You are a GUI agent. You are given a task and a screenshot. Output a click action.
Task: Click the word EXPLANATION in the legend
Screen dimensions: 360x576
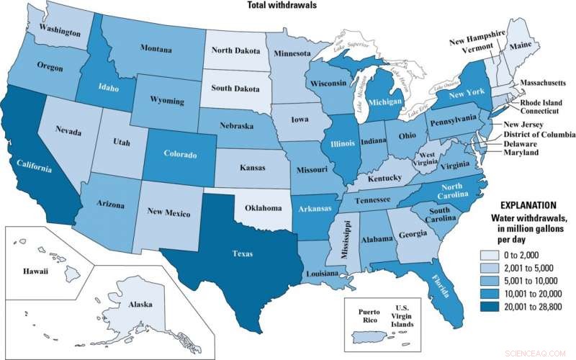point(518,204)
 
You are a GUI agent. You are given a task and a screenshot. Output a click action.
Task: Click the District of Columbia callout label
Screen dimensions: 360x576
point(534,134)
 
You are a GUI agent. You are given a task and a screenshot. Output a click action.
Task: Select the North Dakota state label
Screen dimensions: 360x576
point(235,50)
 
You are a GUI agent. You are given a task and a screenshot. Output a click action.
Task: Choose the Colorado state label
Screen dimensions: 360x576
point(176,153)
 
